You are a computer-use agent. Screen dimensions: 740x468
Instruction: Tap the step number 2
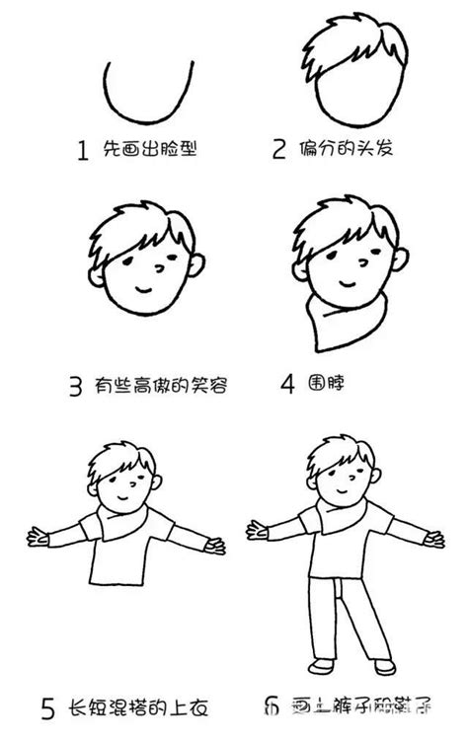point(279,151)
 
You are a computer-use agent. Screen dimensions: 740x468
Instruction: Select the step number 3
point(75,387)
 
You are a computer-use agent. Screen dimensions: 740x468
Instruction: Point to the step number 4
point(286,385)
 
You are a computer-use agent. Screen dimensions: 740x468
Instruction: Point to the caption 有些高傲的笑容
point(163,386)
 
